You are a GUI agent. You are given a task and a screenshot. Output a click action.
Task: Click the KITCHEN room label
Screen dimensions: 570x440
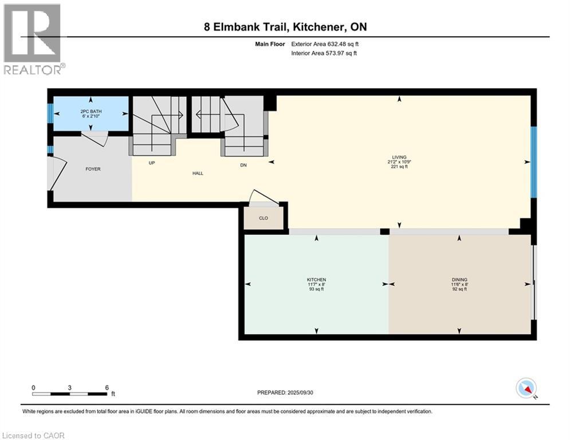pos(316,280)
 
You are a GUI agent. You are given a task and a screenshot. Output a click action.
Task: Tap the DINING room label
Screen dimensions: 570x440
pos(459,280)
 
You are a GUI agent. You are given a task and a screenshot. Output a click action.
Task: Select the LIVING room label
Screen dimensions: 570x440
pos(399,157)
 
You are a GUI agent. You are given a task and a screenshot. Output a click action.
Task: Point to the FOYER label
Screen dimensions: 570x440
pos(93,169)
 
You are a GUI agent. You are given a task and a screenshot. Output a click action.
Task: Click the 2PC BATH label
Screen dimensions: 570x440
pos(91,111)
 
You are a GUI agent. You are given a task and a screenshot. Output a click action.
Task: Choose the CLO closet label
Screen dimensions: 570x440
pos(264,218)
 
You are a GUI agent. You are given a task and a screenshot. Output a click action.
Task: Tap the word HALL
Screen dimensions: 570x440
pos(198,174)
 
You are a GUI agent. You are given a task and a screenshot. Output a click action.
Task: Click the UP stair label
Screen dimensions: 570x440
pos(152,163)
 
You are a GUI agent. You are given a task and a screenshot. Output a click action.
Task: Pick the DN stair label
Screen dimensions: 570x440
pos(243,165)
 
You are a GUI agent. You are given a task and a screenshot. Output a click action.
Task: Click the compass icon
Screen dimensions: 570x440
pos(526,388)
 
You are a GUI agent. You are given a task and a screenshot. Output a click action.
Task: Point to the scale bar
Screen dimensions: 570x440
pos(70,394)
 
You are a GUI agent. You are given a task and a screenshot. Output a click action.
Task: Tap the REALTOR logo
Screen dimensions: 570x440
pos(33,39)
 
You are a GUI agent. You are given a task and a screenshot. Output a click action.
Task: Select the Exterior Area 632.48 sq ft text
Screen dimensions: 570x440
pos(325,44)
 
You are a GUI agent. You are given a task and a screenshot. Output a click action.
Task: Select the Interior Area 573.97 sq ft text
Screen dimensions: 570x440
pos(324,53)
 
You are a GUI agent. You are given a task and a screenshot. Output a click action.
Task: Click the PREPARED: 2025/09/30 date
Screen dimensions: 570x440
pos(285,392)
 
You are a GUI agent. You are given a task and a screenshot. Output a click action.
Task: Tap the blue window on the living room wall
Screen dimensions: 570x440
pos(534,162)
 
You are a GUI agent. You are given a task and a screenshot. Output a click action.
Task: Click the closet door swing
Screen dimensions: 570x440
pos(264,198)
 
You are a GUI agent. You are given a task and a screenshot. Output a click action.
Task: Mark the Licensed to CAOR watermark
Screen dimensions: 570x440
pos(33,435)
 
